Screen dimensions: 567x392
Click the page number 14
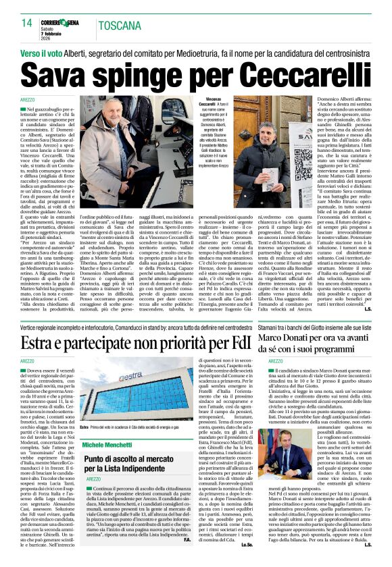click(x=27, y=23)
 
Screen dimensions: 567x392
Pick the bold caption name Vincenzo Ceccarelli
click(x=210, y=102)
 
